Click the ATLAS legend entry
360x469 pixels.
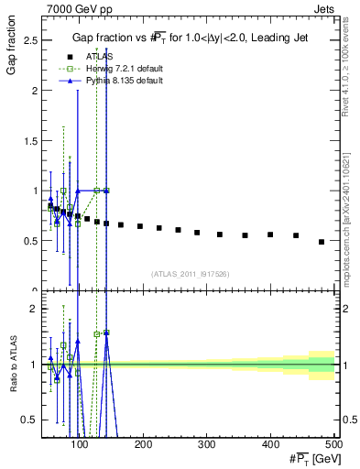[93, 57]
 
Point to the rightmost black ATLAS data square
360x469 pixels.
[321, 242]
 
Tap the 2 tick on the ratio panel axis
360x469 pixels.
[36, 309]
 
